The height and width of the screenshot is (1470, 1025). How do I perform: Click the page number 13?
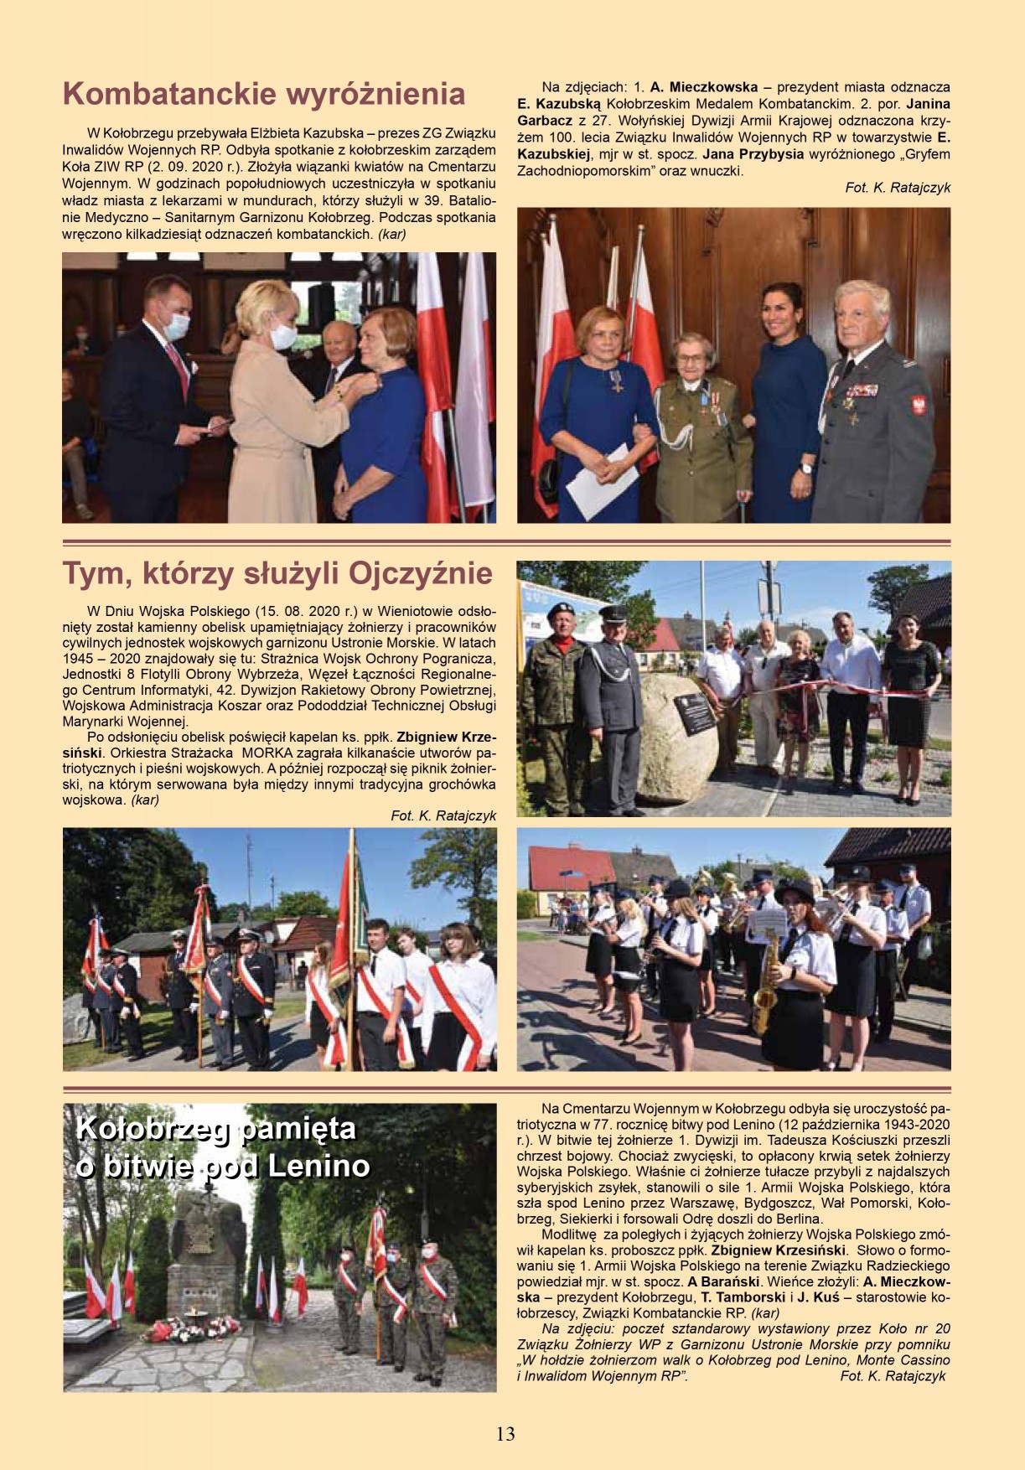click(505, 1433)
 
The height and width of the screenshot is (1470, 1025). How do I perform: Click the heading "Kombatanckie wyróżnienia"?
click(264, 94)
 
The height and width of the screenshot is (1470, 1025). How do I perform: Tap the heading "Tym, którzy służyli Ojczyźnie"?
click(277, 574)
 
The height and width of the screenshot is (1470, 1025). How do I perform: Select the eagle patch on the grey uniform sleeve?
click(919, 406)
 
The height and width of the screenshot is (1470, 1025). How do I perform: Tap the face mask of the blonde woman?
click(283, 336)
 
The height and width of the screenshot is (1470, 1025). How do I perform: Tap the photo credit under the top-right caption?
click(898, 188)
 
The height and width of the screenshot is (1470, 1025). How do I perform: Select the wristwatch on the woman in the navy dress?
click(805, 468)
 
